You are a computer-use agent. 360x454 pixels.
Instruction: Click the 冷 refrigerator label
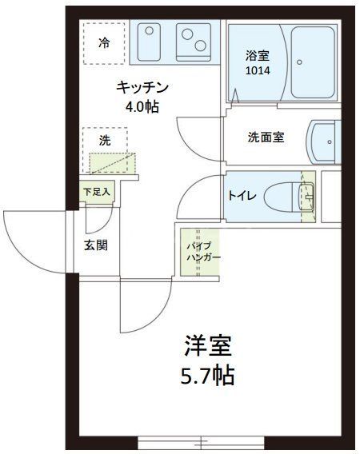(104, 42)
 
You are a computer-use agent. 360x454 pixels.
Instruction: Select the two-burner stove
(194, 40)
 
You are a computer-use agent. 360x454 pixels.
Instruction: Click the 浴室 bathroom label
(258, 56)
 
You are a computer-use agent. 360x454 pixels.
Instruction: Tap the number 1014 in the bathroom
(258, 70)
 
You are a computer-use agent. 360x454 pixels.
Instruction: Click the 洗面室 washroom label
(266, 137)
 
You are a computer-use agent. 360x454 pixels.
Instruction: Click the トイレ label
(242, 194)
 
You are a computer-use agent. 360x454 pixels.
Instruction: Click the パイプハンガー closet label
(198, 251)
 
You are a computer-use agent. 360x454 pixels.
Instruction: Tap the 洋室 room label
(209, 346)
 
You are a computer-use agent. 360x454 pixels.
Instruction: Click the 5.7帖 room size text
(209, 374)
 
